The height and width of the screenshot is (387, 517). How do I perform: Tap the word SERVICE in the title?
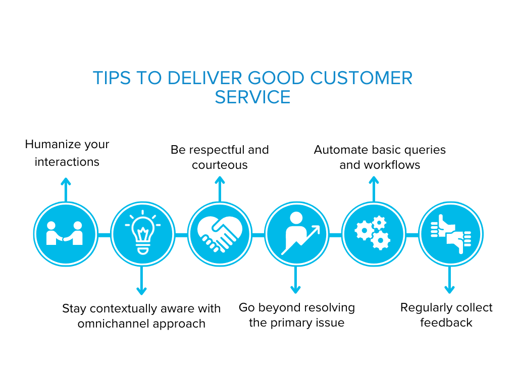(252, 96)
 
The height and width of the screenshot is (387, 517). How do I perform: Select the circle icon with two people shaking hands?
(65, 234)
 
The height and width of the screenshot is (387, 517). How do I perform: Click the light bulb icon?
(142, 234)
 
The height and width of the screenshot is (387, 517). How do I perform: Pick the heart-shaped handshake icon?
(219, 234)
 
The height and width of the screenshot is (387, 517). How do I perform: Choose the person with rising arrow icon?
(296, 234)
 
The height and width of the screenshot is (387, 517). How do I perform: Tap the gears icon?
(373, 234)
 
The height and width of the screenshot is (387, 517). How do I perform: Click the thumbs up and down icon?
(450, 234)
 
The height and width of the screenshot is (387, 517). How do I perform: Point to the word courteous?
(220, 165)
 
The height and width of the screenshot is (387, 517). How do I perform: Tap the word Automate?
(338, 150)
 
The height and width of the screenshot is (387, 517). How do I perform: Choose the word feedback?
(446, 322)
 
